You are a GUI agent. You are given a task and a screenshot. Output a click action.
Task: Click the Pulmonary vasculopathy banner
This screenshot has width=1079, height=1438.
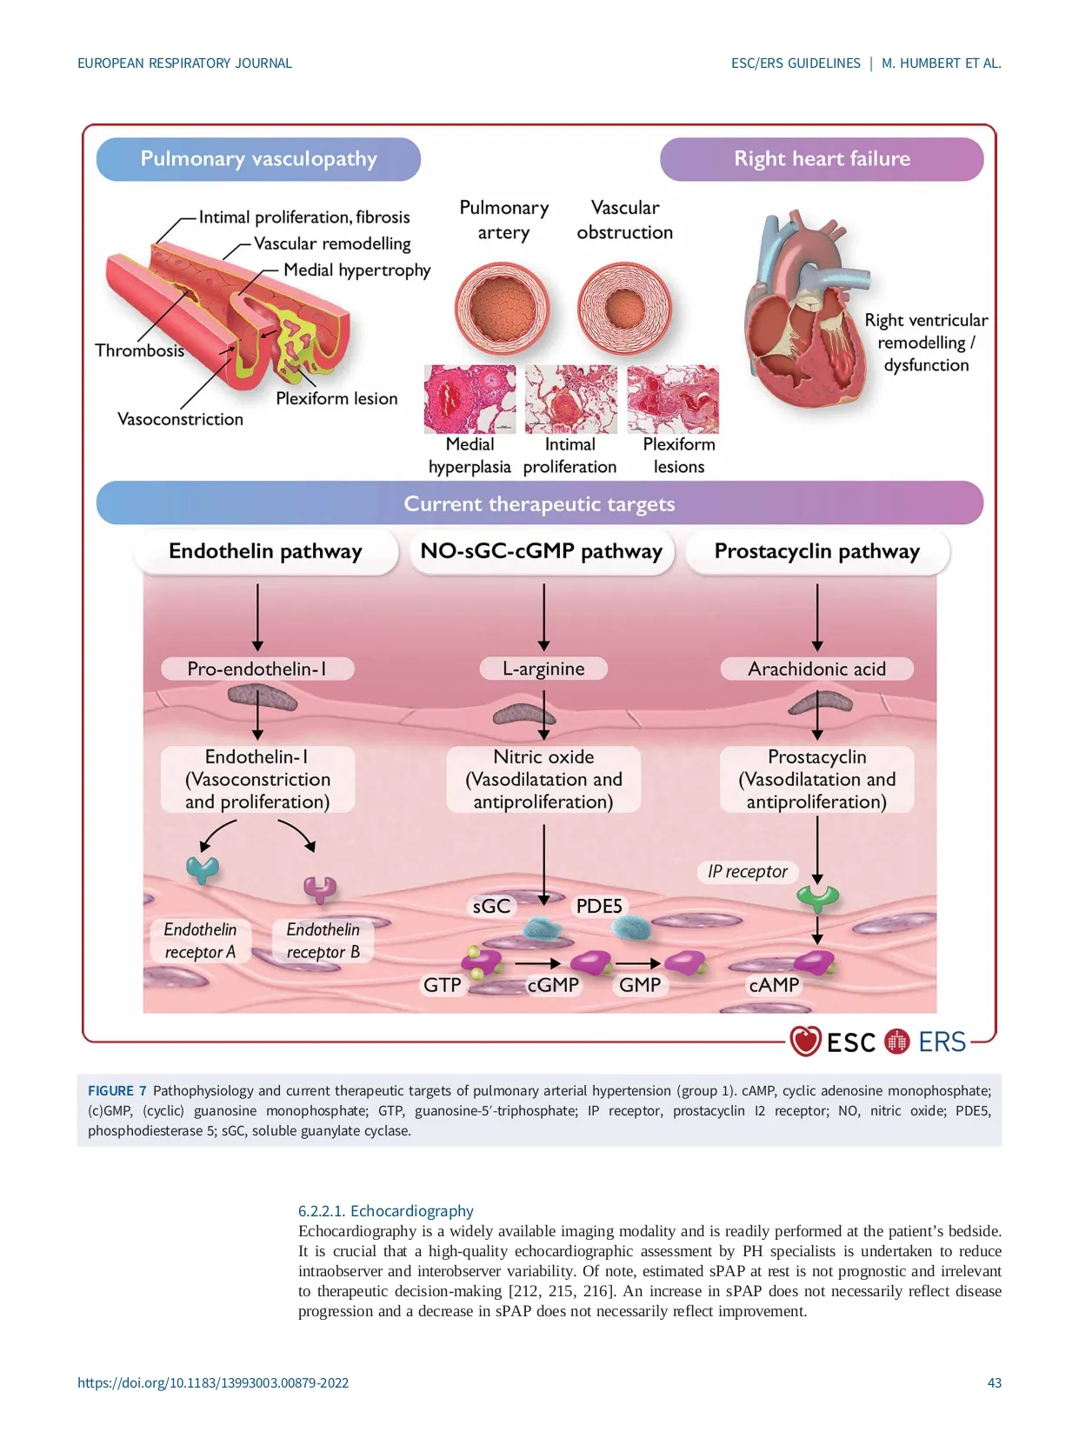tap(258, 159)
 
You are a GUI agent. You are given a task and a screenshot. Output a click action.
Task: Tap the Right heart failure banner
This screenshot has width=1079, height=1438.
tap(822, 159)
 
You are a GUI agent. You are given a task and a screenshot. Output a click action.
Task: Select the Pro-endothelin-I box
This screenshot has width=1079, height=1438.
tap(257, 669)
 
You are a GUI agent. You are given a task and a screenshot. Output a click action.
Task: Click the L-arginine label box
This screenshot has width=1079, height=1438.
tap(543, 669)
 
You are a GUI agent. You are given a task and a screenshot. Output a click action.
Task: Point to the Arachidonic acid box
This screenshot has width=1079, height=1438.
tap(816, 669)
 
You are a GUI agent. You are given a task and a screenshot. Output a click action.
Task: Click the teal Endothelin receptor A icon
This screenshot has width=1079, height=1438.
tap(203, 869)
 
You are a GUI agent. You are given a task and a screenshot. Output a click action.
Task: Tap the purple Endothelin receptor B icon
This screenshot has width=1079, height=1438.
tap(320, 889)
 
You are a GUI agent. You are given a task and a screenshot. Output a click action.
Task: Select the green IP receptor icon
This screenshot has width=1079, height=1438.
tap(818, 896)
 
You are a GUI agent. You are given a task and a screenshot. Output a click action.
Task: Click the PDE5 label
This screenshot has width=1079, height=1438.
tap(599, 906)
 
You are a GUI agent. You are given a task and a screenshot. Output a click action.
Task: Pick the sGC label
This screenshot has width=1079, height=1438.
tap(491, 906)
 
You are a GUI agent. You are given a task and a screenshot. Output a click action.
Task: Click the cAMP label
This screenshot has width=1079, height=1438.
tap(774, 985)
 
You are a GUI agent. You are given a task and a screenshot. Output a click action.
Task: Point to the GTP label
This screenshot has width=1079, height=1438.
tap(443, 985)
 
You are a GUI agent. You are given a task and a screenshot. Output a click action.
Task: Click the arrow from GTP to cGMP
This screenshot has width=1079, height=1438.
tap(537, 963)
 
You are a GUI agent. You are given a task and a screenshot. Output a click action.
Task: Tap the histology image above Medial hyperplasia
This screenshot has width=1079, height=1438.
tap(470, 399)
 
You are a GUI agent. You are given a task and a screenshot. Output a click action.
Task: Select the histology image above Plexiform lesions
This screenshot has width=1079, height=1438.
tap(673, 399)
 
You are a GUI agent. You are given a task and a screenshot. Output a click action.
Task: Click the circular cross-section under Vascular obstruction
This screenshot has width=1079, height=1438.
tap(624, 308)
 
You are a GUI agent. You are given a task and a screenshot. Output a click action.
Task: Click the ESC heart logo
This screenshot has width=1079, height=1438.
tap(805, 1041)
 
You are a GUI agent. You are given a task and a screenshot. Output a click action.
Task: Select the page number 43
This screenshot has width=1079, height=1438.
tap(994, 1382)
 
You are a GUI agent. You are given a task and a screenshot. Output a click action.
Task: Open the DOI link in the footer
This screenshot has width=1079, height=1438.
tap(213, 1382)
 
